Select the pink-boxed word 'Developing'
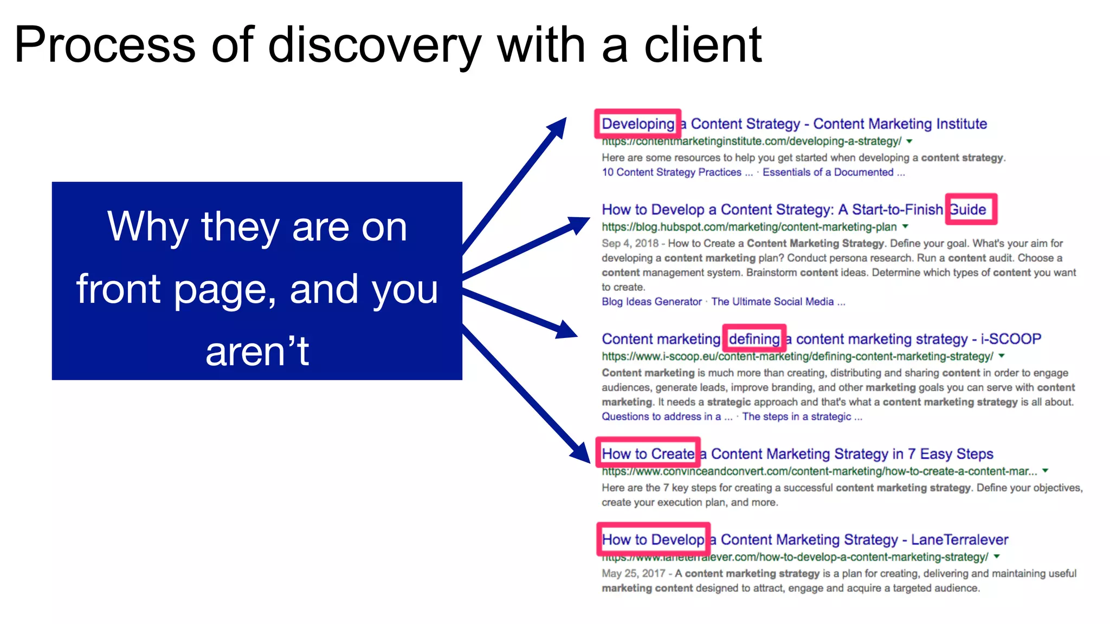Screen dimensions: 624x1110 (638, 124)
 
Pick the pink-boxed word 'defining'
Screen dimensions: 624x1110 (754, 339)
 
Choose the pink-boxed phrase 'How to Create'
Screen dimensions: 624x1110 (648, 453)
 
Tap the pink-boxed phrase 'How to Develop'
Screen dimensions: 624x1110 (653, 539)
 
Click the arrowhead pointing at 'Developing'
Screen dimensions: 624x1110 (558, 128)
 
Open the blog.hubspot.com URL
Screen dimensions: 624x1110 (749, 227)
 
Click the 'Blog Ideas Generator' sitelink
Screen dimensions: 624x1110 (651, 302)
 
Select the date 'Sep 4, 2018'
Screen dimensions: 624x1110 (630, 244)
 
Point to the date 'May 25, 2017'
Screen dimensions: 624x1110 (633, 574)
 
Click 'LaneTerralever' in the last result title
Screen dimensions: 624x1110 (959, 539)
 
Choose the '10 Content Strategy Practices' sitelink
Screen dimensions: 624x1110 (671, 172)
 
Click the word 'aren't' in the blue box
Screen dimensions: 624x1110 (257, 351)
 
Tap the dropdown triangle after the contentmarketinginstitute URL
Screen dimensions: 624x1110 (909, 141)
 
